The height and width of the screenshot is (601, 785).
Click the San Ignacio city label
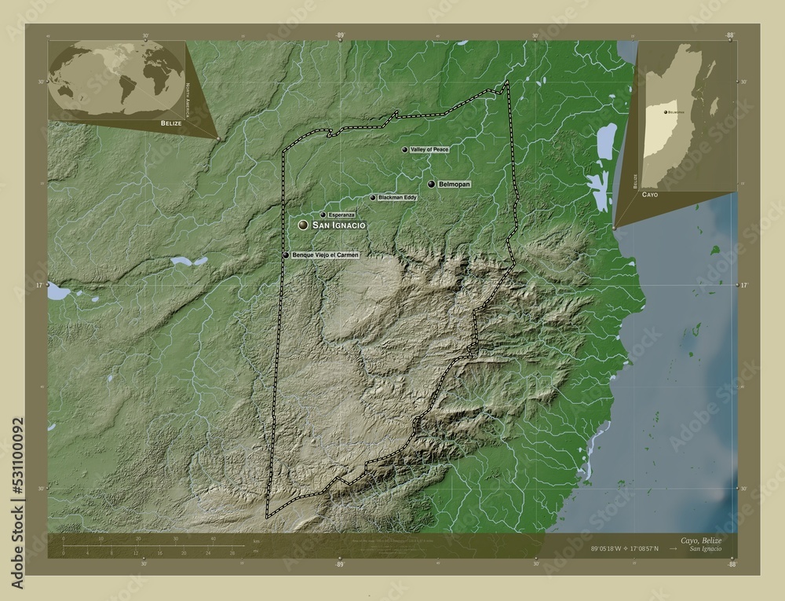339,225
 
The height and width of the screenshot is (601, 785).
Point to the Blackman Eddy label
397,198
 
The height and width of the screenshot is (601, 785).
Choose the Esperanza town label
341,214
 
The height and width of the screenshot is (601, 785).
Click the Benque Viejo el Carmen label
325,255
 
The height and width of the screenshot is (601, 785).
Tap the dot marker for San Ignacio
303,225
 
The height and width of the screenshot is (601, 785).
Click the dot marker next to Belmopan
432,184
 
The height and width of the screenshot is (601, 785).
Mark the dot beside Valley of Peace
405,149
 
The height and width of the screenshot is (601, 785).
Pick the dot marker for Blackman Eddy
373,198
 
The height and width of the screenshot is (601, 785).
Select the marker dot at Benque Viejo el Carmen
286,255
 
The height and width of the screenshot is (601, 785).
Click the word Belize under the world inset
170,124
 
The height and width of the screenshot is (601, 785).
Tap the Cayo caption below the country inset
650,193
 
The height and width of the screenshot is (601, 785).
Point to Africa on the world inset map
157,79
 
